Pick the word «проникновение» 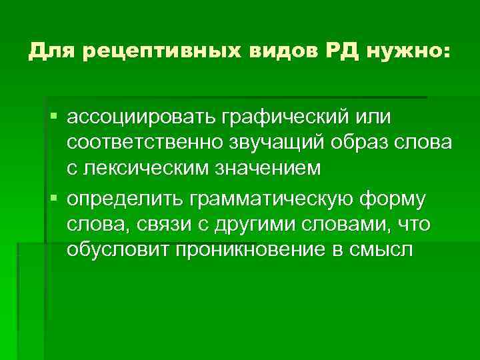250,250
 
